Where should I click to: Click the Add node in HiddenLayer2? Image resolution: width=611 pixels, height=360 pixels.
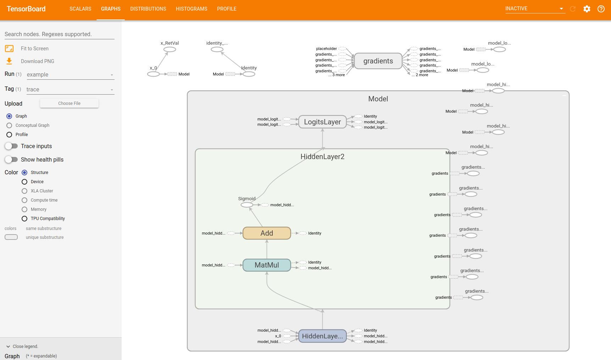pos(267,233)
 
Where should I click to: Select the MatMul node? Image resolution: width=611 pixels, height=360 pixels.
pos(267,265)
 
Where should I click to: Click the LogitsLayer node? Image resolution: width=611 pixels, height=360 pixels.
pos(322,122)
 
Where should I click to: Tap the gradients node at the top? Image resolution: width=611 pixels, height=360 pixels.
pos(378,61)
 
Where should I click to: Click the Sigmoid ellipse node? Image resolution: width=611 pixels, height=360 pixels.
pos(247,205)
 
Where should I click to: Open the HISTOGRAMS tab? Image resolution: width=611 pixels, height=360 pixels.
pos(191,9)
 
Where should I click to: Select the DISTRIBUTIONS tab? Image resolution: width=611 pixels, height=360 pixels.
pos(148,9)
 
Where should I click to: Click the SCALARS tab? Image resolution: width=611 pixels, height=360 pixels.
pos(80,9)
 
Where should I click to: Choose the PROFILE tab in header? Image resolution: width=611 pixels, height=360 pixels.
pos(227,9)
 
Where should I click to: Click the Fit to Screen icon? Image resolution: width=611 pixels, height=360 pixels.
pos(9,49)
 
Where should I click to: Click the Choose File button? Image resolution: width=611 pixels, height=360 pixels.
pos(69,103)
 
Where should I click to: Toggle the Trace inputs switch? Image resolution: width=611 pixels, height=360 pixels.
pos(11,146)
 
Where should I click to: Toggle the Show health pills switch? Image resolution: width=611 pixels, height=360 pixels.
pos(11,159)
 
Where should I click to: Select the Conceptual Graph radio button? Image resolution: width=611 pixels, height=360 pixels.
pos(9,125)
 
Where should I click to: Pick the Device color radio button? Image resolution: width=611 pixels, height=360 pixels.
pos(24,182)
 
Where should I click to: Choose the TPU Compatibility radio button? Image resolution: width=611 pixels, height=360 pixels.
pos(24,219)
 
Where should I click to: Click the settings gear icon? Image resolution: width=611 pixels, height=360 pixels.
pos(587,9)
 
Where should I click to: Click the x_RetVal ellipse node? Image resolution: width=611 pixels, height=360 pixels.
pos(170,50)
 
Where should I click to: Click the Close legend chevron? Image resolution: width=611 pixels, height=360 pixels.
pos(8,347)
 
